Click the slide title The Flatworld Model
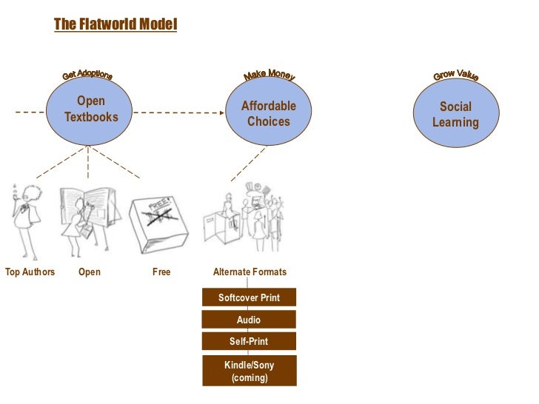(x=115, y=25)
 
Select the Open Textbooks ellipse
(x=90, y=110)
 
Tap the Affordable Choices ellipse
(x=268, y=112)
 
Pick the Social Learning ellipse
(x=455, y=114)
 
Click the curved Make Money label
(x=269, y=75)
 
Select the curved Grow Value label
(x=455, y=75)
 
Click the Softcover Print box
(x=249, y=297)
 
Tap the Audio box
(x=249, y=320)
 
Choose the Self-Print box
(x=249, y=341)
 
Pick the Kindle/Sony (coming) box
(x=249, y=371)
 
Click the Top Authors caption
(x=30, y=272)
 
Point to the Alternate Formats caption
(x=250, y=272)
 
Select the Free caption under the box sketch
(x=161, y=272)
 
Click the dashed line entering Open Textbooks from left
(x=30, y=112)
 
